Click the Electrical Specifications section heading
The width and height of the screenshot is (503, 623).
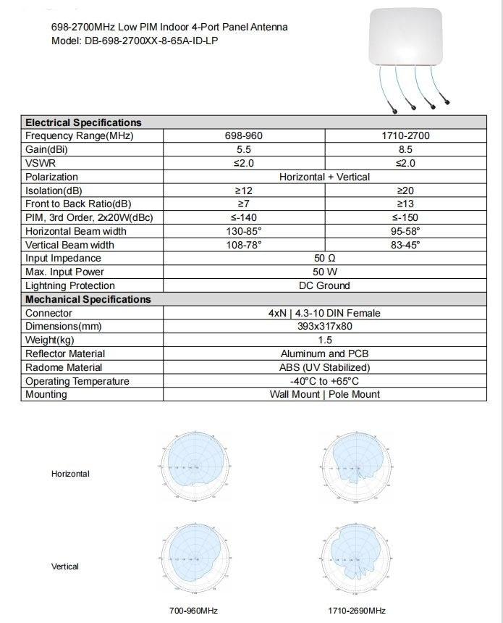coord(83,122)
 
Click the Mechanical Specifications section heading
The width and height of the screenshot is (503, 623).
coord(88,299)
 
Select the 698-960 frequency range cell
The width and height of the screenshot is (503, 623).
coord(243,135)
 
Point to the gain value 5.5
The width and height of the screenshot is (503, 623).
coord(243,149)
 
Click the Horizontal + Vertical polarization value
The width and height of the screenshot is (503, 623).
coord(324,177)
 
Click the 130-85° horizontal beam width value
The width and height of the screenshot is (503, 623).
coord(243,231)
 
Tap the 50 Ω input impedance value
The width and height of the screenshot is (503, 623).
coord(324,258)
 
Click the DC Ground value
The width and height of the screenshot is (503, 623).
coord(324,285)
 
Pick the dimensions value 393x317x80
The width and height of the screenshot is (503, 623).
coord(324,326)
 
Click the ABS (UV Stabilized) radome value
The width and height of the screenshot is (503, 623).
coord(324,367)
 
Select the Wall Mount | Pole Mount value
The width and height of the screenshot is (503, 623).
coord(324,394)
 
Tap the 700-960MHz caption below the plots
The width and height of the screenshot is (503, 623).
coord(193,611)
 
